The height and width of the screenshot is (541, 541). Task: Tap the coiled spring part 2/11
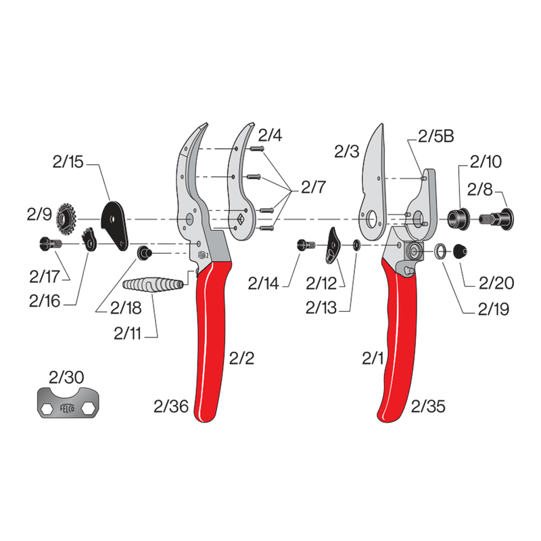click(155, 283)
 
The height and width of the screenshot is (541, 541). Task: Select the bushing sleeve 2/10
click(459, 218)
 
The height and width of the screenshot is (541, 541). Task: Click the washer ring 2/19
click(440, 252)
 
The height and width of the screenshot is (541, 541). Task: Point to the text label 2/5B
click(435, 136)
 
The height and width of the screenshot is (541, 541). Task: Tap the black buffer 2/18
click(143, 252)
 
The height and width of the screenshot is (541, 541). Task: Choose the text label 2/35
click(429, 406)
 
